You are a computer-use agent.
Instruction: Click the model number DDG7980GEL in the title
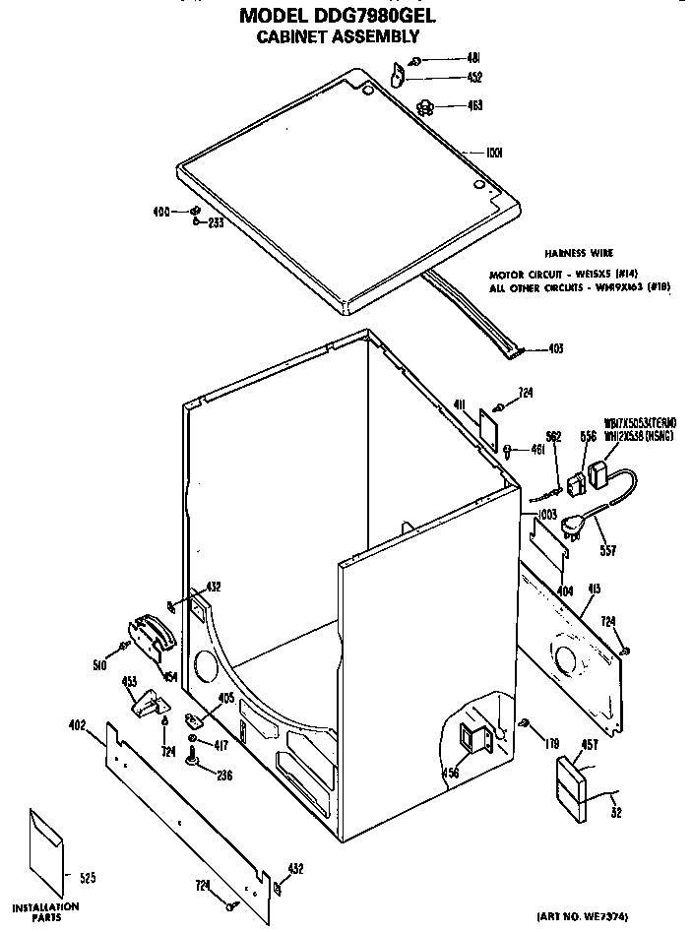pos(380,17)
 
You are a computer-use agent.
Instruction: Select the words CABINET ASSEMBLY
pos(338,36)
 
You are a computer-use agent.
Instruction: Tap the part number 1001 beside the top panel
pos(494,153)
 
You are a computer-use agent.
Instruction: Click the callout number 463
pos(474,105)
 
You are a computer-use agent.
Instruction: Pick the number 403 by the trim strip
pos(555,347)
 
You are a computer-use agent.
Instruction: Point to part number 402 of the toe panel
pos(78,726)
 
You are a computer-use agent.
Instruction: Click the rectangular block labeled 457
pos(570,789)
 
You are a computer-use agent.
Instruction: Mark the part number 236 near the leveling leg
pos(224,775)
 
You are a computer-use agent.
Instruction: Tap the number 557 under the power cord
pos(607,550)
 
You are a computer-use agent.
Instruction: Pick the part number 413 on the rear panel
pos(594,590)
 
